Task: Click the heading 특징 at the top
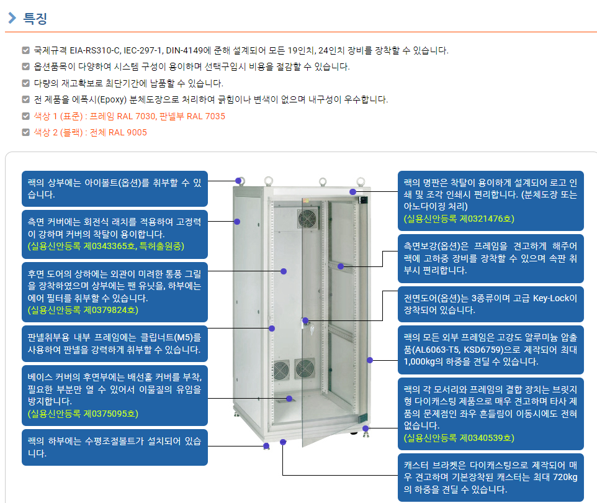pyautogui.click(x=35, y=18)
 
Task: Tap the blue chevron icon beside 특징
pyautogui.click(x=12, y=17)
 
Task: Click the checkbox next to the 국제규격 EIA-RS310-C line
pyautogui.click(x=26, y=50)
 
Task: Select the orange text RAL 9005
pyautogui.click(x=128, y=133)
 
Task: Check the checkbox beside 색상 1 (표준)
pyautogui.click(x=26, y=116)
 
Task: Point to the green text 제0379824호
pyautogui.click(x=111, y=310)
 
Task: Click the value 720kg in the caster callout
pyautogui.click(x=564, y=477)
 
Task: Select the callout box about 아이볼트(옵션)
pyautogui.click(x=115, y=189)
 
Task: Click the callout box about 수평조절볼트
pyautogui.click(x=115, y=447)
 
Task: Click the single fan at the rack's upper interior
pyautogui.click(x=308, y=219)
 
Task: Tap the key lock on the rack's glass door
pyautogui.click(x=312, y=329)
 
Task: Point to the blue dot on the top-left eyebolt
pyautogui.click(x=238, y=181)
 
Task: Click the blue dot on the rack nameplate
pyautogui.click(x=353, y=192)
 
